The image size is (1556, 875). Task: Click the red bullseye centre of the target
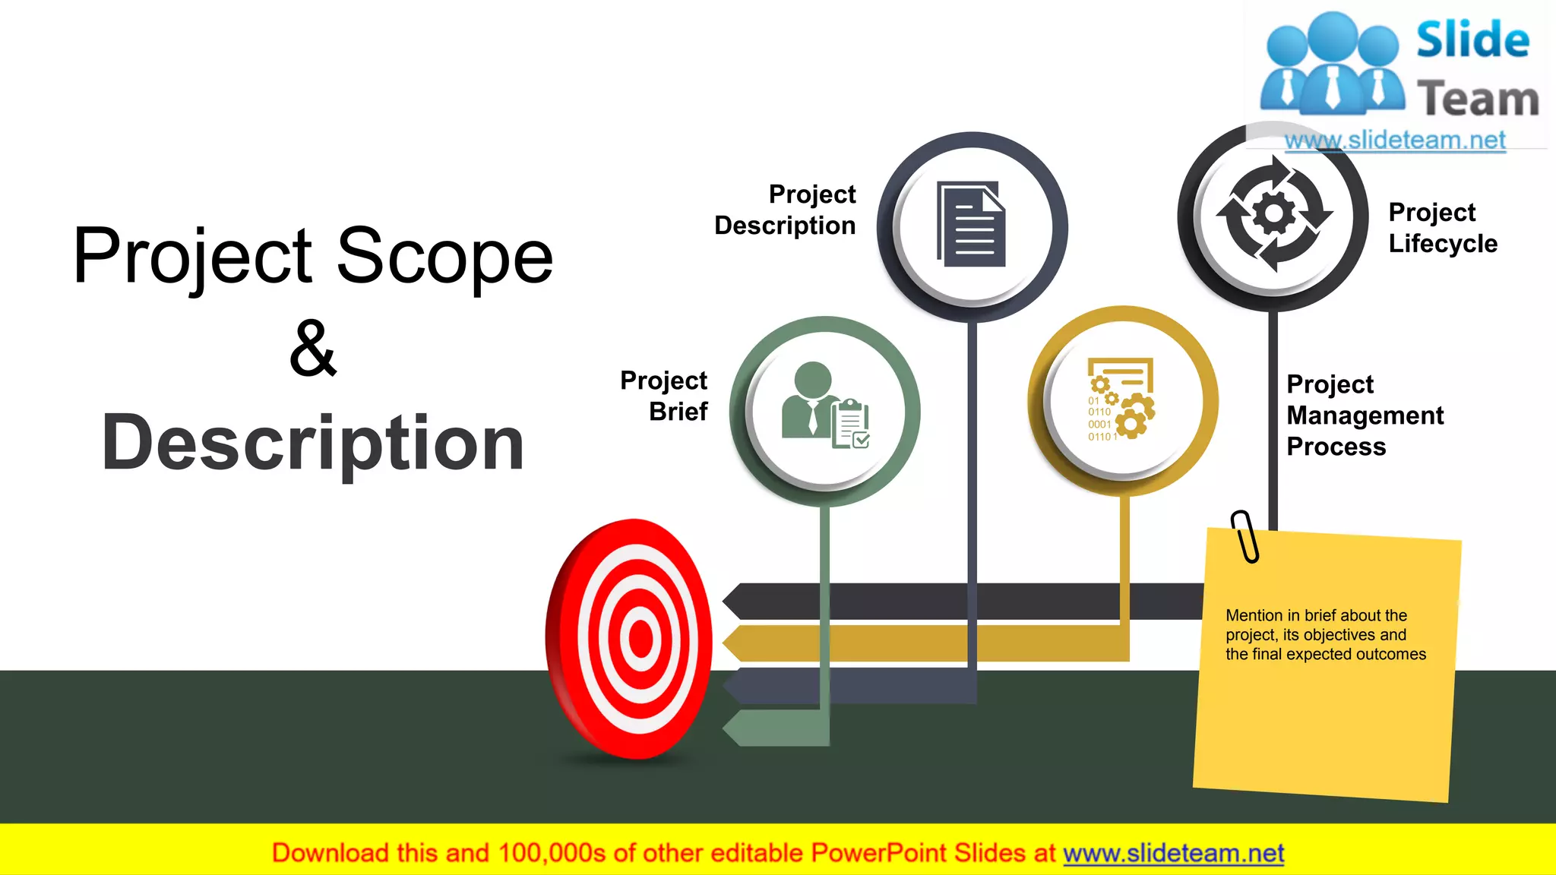pos(640,639)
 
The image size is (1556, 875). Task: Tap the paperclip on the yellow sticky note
pos(1244,536)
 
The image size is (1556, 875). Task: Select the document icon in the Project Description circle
pos(972,224)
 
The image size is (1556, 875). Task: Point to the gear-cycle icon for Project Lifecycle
pos(1274,213)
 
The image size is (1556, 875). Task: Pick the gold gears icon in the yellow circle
pos(1121,400)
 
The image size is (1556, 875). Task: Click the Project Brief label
pos(664,396)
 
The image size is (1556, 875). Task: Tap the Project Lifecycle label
pos(1442,228)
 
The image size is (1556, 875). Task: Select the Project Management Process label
pos(1365,415)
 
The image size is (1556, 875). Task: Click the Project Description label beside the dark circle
pos(786,210)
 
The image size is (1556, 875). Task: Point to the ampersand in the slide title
pos(312,349)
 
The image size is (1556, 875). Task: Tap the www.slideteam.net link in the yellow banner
pos(1173,854)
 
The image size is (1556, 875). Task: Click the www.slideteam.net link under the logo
pos(1395,141)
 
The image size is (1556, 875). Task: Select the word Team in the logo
pos(1477,100)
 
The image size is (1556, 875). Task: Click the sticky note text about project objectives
pos(1325,635)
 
